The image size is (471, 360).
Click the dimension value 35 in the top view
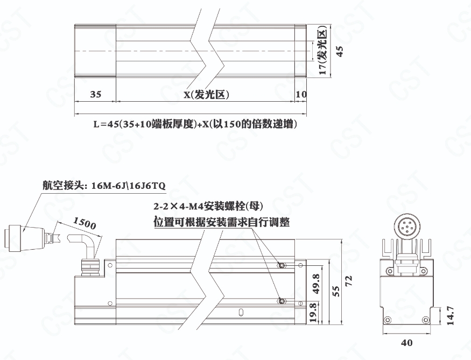[95, 94]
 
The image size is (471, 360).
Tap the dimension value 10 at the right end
[301, 94]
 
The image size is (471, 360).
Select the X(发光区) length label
[207, 95]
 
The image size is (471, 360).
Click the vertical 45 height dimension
[340, 51]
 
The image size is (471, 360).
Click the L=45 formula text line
[195, 124]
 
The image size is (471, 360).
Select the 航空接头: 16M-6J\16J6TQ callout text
[104, 186]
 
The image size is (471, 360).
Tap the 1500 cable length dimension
[85, 223]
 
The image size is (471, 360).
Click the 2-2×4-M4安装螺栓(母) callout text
[208, 206]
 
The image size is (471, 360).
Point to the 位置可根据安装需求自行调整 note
[222, 222]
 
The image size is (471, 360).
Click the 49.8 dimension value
[316, 284]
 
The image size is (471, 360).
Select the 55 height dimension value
[336, 291]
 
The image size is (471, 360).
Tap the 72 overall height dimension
[348, 281]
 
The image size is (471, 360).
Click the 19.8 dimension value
[313, 312]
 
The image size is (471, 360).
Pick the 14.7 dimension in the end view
[450, 315]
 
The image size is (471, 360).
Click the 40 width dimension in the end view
[407, 343]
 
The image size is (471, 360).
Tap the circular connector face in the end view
[407, 227]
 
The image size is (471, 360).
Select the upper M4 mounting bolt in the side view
[282, 265]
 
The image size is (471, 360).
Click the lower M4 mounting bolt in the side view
[282, 301]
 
